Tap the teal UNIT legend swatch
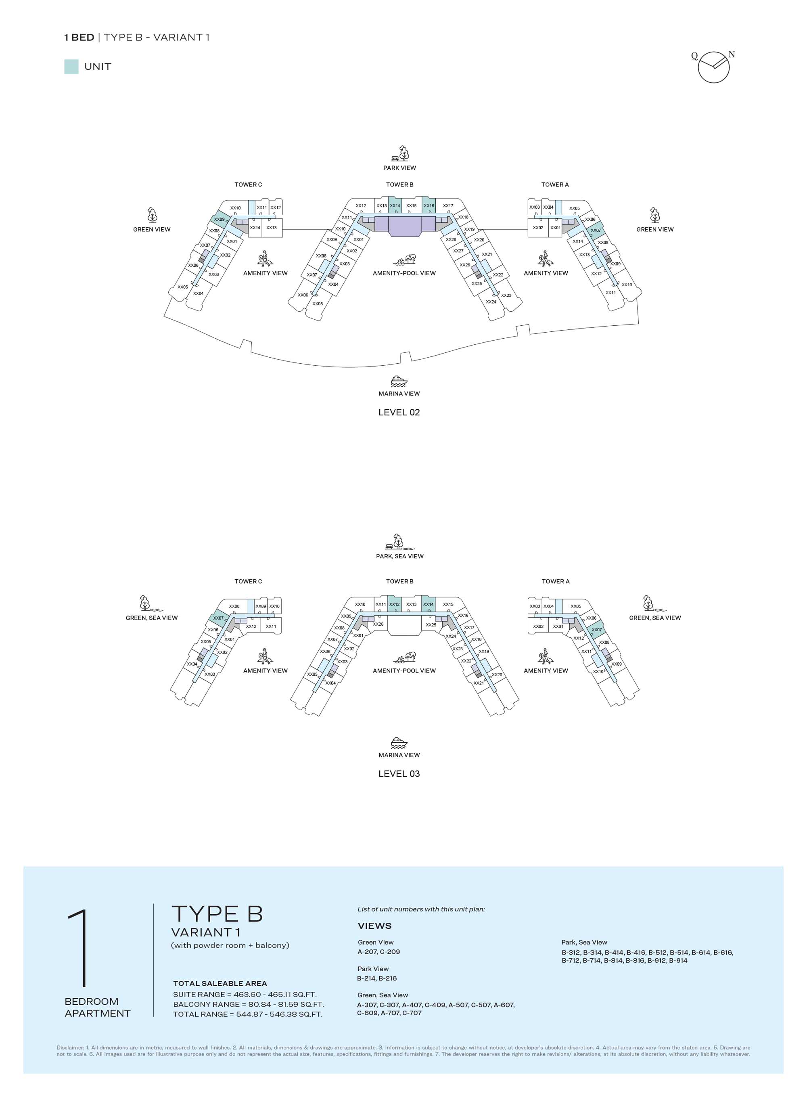click(71, 67)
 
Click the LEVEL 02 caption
click(399, 413)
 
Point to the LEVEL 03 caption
click(399, 774)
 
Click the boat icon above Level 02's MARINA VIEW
click(399, 381)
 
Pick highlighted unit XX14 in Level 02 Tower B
click(395, 206)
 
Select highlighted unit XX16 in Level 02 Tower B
click(429, 206)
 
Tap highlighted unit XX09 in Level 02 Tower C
click(220, 220)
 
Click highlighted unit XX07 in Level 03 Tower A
click(596, 630)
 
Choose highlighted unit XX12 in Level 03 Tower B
click(394, 604)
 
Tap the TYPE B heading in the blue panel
click(217, 914)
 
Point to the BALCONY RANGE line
click(248, 1004)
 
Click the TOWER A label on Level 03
click(556, 581)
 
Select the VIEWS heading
click(375, 926)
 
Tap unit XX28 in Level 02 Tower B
click(450, 239)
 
